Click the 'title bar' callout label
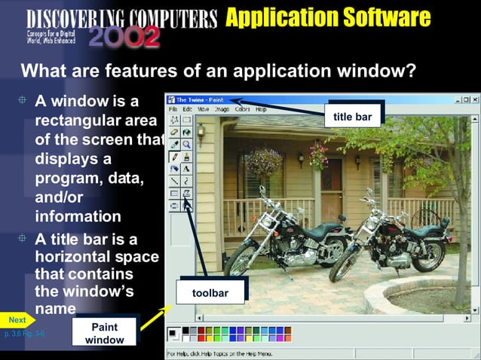[x=352, y=117]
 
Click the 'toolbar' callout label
[x=210, y=292]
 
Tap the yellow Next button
[x=17, y=320]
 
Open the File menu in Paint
[x=173, y=109]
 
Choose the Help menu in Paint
[x=261, y=109]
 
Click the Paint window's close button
[x=475, y=99]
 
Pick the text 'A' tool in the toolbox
[x=186, y=168]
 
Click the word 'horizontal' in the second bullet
[x=79, y=257]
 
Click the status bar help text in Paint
[x=219, y=352]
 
